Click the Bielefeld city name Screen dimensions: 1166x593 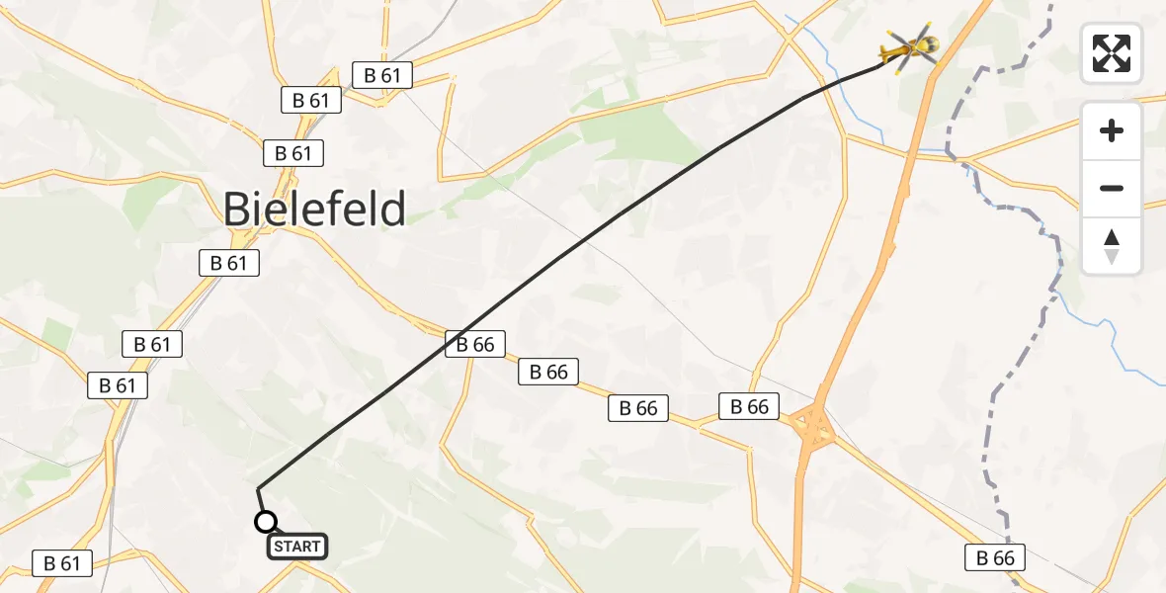[314, 210]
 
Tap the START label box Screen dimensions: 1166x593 [296, 547]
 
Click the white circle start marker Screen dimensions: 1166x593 [265, 522]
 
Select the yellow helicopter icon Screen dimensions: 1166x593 [909, 46]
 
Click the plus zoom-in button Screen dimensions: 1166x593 [1112, 130]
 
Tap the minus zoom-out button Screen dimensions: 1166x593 [1112, 188]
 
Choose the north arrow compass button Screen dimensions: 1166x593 [1112, 246]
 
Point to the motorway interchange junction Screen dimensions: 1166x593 [813, 428]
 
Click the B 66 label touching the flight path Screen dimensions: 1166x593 [475, 344]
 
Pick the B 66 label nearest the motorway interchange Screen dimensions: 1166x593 [749, 406]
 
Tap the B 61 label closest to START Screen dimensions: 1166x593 [62, 563]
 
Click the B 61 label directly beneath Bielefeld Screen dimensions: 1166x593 [229, 263]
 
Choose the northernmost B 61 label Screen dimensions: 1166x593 [382, 75]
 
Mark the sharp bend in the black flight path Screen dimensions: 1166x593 [258, 488]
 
